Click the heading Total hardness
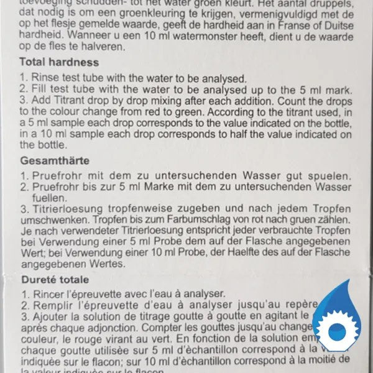[x=59, y=62]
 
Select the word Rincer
[x=46, y=293]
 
